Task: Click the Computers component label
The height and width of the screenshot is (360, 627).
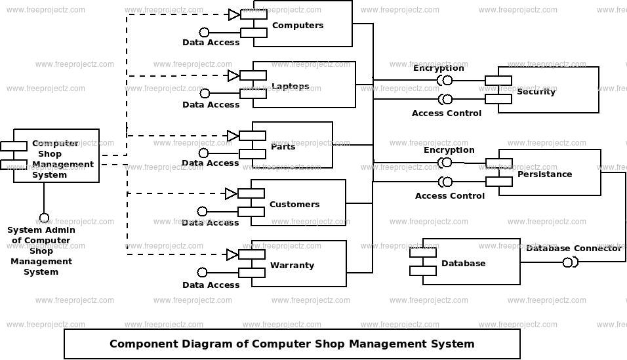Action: point(297,26)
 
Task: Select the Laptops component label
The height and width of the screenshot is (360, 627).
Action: point(290,87)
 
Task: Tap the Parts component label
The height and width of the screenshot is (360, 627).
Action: point(283,147)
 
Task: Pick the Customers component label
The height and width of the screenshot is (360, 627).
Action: point(294,205)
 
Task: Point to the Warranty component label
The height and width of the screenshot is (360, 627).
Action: point(292,266)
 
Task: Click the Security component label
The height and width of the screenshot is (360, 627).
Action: point(536,92)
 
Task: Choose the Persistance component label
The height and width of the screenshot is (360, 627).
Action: point(544,174)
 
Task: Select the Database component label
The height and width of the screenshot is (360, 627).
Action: point(463,264)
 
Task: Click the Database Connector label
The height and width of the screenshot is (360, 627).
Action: point(573,249)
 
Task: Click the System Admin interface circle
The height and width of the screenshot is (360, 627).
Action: point(44,218)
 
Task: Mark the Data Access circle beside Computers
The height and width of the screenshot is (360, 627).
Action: point(204,32)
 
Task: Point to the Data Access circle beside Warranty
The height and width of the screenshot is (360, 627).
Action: point(202,272)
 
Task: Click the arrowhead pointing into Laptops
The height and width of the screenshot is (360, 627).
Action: point(233,75)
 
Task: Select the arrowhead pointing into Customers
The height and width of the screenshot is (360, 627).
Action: point(231,193)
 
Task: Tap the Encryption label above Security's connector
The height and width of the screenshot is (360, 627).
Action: point(438,68)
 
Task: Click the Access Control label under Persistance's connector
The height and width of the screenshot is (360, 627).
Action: point(449,196)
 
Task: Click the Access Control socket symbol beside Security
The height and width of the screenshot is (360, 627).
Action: point(445,99)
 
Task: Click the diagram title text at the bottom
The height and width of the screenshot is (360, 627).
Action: point(291,344)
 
